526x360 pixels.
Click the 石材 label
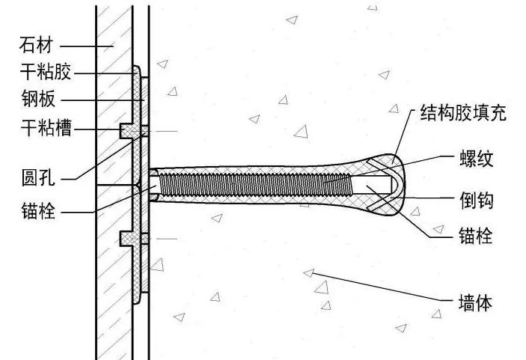coord(36,46)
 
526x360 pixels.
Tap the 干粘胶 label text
coord(44,73)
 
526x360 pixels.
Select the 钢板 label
coord(36,100)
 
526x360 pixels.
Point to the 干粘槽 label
coord(44,129)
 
